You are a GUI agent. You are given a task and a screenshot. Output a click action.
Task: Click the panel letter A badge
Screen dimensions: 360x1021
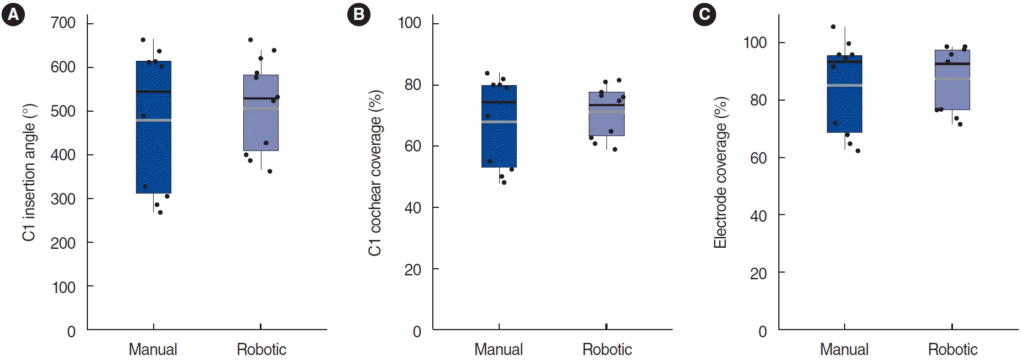tap(13, 14)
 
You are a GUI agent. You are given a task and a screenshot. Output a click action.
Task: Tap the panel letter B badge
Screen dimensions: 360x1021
tap(358, 14)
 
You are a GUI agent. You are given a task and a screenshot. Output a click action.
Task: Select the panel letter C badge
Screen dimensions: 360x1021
tap(704, 14)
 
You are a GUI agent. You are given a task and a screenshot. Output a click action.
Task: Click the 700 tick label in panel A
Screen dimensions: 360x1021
tap(63, 23)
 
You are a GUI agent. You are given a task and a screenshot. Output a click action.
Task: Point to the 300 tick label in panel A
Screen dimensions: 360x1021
tap(63, 199)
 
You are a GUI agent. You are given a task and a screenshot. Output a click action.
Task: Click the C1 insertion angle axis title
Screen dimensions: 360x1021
tap(29, 173)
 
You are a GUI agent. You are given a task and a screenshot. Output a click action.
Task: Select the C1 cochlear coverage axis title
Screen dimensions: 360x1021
tap(375, 173)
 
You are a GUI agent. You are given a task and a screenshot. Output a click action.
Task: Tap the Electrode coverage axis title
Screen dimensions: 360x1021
tap(720, 173)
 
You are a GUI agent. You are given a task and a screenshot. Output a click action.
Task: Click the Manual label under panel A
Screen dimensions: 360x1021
tap(153, 349)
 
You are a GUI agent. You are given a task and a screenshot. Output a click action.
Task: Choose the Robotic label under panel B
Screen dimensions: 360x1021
tap(607, 349)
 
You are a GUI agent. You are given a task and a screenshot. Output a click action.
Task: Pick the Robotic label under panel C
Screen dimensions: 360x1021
tap(952, 349)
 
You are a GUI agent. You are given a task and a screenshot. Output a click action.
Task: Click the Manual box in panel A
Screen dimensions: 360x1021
tap(154, 155)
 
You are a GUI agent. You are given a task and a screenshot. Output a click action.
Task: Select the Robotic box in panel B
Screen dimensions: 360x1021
tap(606, 124)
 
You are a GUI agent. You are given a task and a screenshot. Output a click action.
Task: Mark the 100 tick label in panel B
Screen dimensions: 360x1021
tap(410, 23)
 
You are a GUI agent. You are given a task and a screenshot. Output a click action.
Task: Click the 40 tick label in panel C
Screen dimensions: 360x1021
tap(758, 216)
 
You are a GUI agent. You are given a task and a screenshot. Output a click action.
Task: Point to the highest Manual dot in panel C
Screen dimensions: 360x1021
tap(833, 27)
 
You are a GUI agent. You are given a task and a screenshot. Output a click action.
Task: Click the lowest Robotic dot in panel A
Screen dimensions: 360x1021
tap(270, 171)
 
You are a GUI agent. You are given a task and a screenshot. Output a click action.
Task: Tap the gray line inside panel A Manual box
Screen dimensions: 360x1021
tap(154, 120)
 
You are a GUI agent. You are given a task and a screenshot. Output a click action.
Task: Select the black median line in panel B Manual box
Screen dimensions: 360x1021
tap(499, 102)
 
